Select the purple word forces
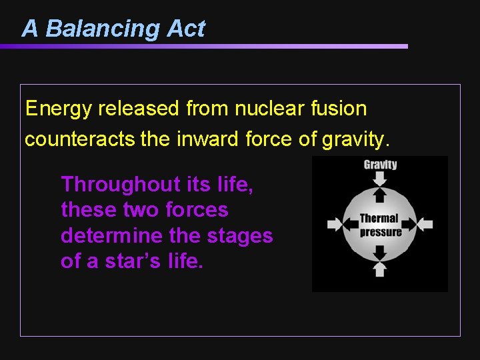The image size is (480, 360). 197,209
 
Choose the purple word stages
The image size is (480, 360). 241,235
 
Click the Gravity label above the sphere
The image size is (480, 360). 380,165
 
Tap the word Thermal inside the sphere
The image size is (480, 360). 379,218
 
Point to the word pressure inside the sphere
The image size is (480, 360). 381,231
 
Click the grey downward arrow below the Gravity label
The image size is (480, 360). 380,178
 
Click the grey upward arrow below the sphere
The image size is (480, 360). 380,269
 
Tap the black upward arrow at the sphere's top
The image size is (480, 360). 380,194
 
